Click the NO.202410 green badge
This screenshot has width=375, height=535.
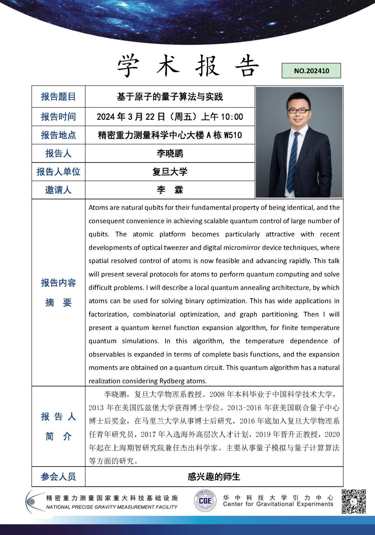coord(311,71)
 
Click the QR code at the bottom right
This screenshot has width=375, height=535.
coord(354,501)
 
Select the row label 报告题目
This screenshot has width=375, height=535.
coord(58,97)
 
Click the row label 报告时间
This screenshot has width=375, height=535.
coord(58,117)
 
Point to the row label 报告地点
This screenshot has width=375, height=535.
coord(58,135)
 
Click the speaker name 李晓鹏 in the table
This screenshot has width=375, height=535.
coord(170,153)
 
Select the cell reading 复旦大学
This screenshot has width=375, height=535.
coord(170,172)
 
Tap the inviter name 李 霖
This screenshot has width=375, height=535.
coord(170,190)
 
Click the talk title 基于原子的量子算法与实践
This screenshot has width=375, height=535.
coord(170,97)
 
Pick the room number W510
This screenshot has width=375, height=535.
coord(233,135)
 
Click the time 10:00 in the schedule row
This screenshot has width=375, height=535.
coord(232,117)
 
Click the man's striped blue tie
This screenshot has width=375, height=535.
coord(293,161)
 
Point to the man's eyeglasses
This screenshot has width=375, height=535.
coord(297,110)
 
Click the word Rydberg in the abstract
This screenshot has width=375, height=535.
coord(172,381)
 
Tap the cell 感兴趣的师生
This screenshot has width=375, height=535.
coord(214,476)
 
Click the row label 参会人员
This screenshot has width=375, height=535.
coord(58,476)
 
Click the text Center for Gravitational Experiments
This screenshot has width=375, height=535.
coord(278,504)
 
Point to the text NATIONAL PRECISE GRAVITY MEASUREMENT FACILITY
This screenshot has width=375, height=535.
coord(112,507)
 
